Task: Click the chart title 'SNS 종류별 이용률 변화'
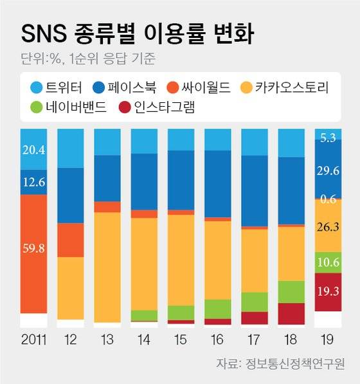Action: [x=136, y=34]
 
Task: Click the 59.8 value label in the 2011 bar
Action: [x=33, y=248]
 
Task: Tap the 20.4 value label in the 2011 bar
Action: [x=33, y=151]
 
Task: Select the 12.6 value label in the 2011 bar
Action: [x=33, y=182]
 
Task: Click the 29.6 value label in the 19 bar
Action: [x=328, y=169]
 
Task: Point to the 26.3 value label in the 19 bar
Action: [x=328, y=226]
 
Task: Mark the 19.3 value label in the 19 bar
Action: [x=328, y=291]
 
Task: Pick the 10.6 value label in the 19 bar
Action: [x=328, y=262]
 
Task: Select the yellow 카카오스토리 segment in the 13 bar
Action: [x=107, y=267]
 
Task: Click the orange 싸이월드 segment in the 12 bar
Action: [x=70, y=240]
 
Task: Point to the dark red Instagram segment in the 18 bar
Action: [x=291, y=313]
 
